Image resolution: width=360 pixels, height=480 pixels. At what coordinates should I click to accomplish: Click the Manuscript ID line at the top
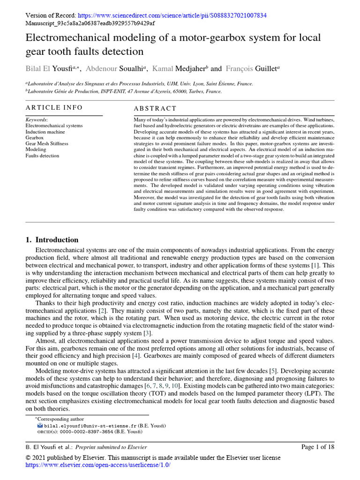coord(90,23)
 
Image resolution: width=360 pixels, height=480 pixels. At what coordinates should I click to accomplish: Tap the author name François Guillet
coord(251,68)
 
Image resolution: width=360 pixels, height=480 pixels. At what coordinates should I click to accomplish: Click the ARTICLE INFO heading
coord(54,108)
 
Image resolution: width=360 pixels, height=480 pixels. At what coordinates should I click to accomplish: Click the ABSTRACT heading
coord(155,108)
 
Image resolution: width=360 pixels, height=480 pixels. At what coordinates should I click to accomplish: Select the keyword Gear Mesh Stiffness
coord(46,143)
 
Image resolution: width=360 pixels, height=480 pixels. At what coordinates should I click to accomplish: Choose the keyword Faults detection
coord(42,156)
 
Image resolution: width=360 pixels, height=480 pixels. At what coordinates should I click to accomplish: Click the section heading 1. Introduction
coord(52,240)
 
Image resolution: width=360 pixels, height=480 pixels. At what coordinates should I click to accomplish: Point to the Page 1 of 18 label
coord(318,447)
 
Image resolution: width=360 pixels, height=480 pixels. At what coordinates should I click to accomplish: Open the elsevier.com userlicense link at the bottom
coord(97,465)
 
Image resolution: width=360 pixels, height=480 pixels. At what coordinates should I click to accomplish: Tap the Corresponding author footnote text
coord(64,419)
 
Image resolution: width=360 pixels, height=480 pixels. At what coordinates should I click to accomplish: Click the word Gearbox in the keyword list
coord(35,138)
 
